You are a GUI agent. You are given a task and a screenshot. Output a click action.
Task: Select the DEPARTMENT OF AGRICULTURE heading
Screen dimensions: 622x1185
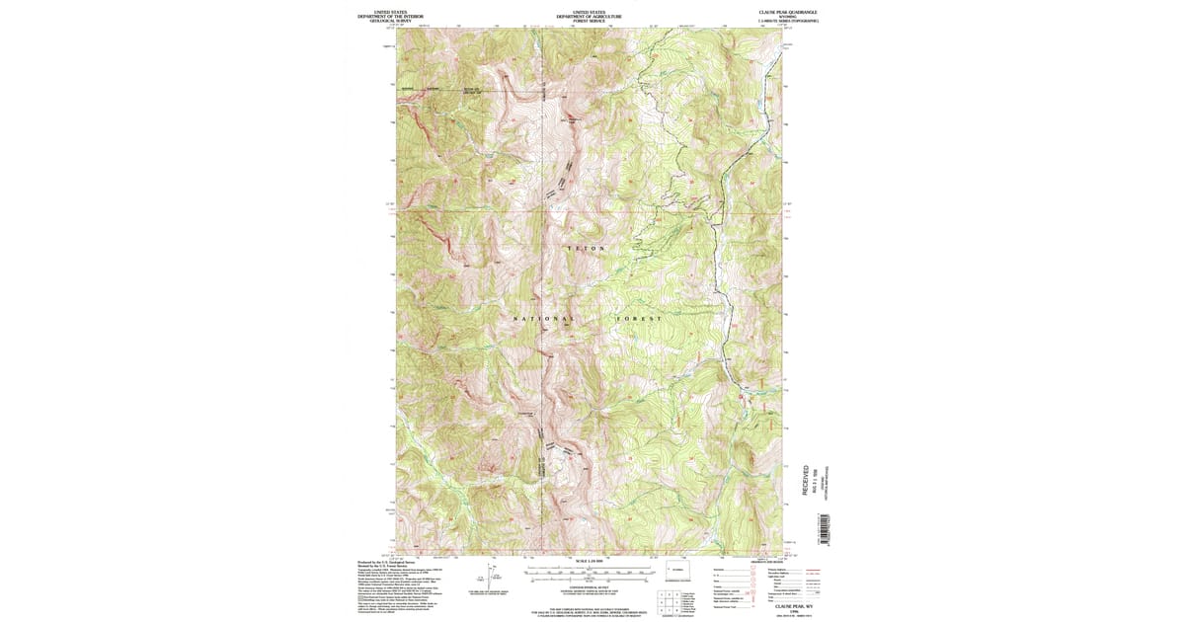588,16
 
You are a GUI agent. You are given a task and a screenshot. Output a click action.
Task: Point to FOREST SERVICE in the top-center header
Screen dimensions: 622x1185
588,21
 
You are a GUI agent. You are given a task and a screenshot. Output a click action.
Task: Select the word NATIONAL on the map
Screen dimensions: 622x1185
542,319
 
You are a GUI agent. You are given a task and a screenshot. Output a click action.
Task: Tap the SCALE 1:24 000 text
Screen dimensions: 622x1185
589,561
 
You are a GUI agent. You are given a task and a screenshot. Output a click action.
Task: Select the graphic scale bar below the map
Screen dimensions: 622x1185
589,572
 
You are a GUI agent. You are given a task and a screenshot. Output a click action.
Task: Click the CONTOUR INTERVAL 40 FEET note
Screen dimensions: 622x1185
589,585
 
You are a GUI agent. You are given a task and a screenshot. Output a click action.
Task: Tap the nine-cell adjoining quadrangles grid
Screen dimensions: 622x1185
669,600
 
